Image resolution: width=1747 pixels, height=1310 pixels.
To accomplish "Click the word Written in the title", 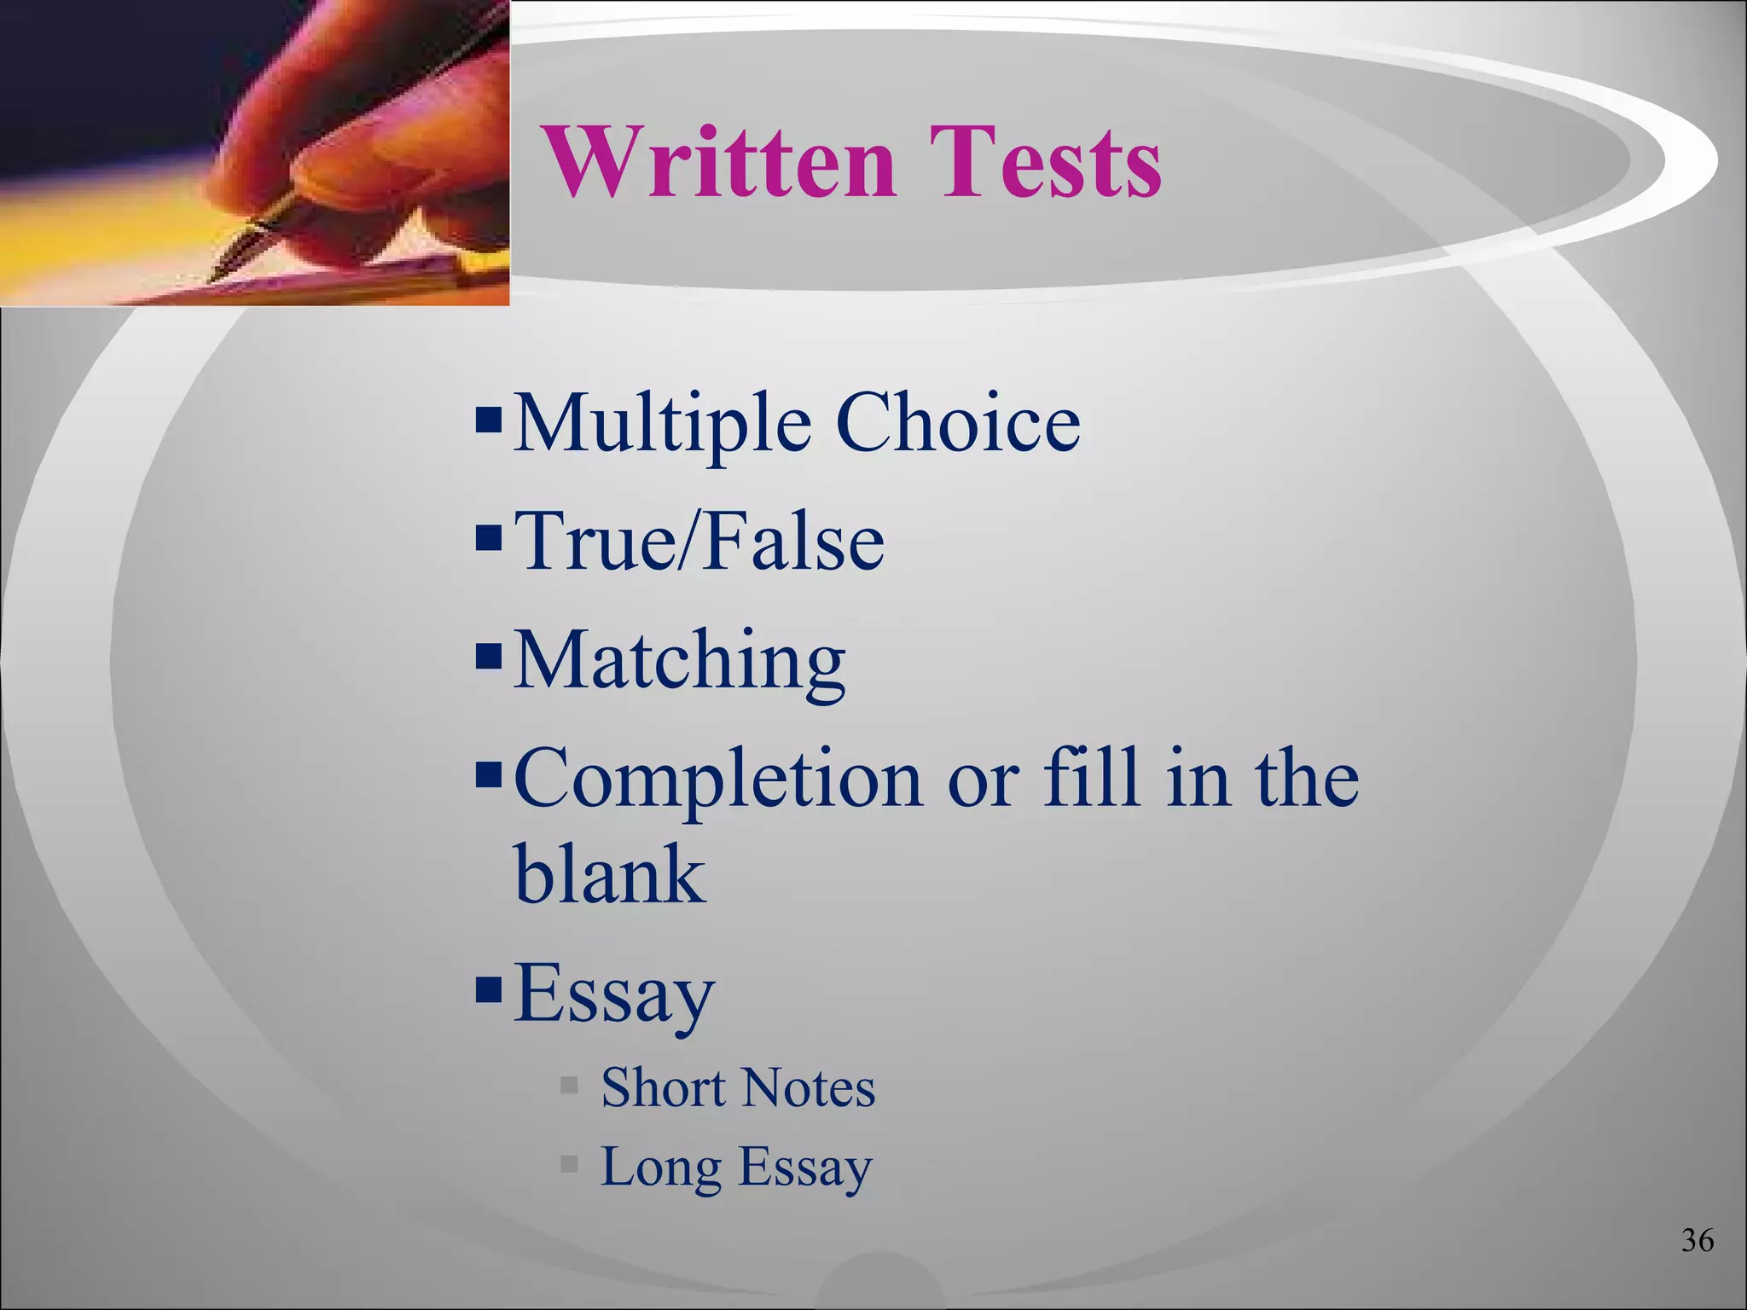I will point(719,162).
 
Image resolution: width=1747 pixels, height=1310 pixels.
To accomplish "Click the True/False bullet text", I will point(699,541).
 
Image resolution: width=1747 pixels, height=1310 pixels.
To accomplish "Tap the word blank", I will point(609,874).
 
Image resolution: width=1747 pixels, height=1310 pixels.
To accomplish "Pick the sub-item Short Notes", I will point(738,1088).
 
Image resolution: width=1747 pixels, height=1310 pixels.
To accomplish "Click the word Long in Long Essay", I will point(661,1167).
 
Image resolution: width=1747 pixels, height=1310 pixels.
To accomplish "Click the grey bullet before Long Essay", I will point(569,1163).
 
